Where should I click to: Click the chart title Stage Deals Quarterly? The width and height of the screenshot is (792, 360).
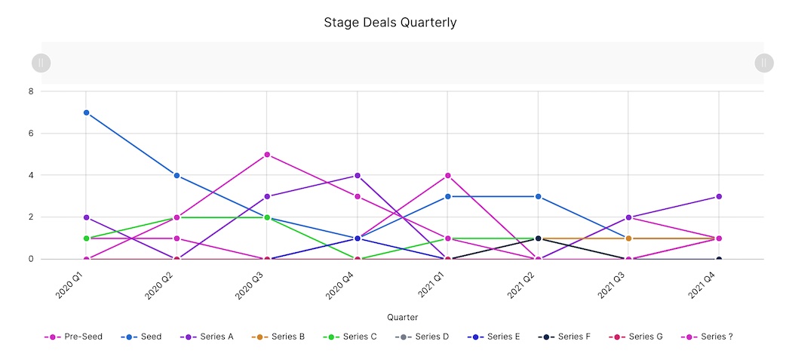(x=390, y=22)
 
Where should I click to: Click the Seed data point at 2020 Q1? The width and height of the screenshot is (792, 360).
(x=86, y=112)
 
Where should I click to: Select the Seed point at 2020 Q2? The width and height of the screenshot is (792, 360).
(x=177, y=175)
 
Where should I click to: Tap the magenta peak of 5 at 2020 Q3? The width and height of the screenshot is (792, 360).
(x=267, y=155)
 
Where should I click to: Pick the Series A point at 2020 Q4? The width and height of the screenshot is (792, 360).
(x=358, y=176)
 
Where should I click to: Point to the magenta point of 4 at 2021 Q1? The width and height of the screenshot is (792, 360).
(x=448, y=176)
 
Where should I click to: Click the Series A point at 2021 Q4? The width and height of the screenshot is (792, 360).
(x=719, y=196)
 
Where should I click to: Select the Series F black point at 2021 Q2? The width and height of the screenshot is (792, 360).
(x=538, y=238)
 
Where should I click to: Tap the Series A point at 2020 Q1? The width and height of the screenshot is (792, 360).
(x=86, y=217)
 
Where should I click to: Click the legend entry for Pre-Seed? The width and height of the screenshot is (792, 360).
(x=73, y=337)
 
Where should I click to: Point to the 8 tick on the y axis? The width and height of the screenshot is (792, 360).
(x=31, y=91)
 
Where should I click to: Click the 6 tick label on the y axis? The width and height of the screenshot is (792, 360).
(x=31, y=134)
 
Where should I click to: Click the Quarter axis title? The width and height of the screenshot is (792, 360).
(x=402, y=317)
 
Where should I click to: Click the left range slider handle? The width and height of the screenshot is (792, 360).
(x=41, y=63)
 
